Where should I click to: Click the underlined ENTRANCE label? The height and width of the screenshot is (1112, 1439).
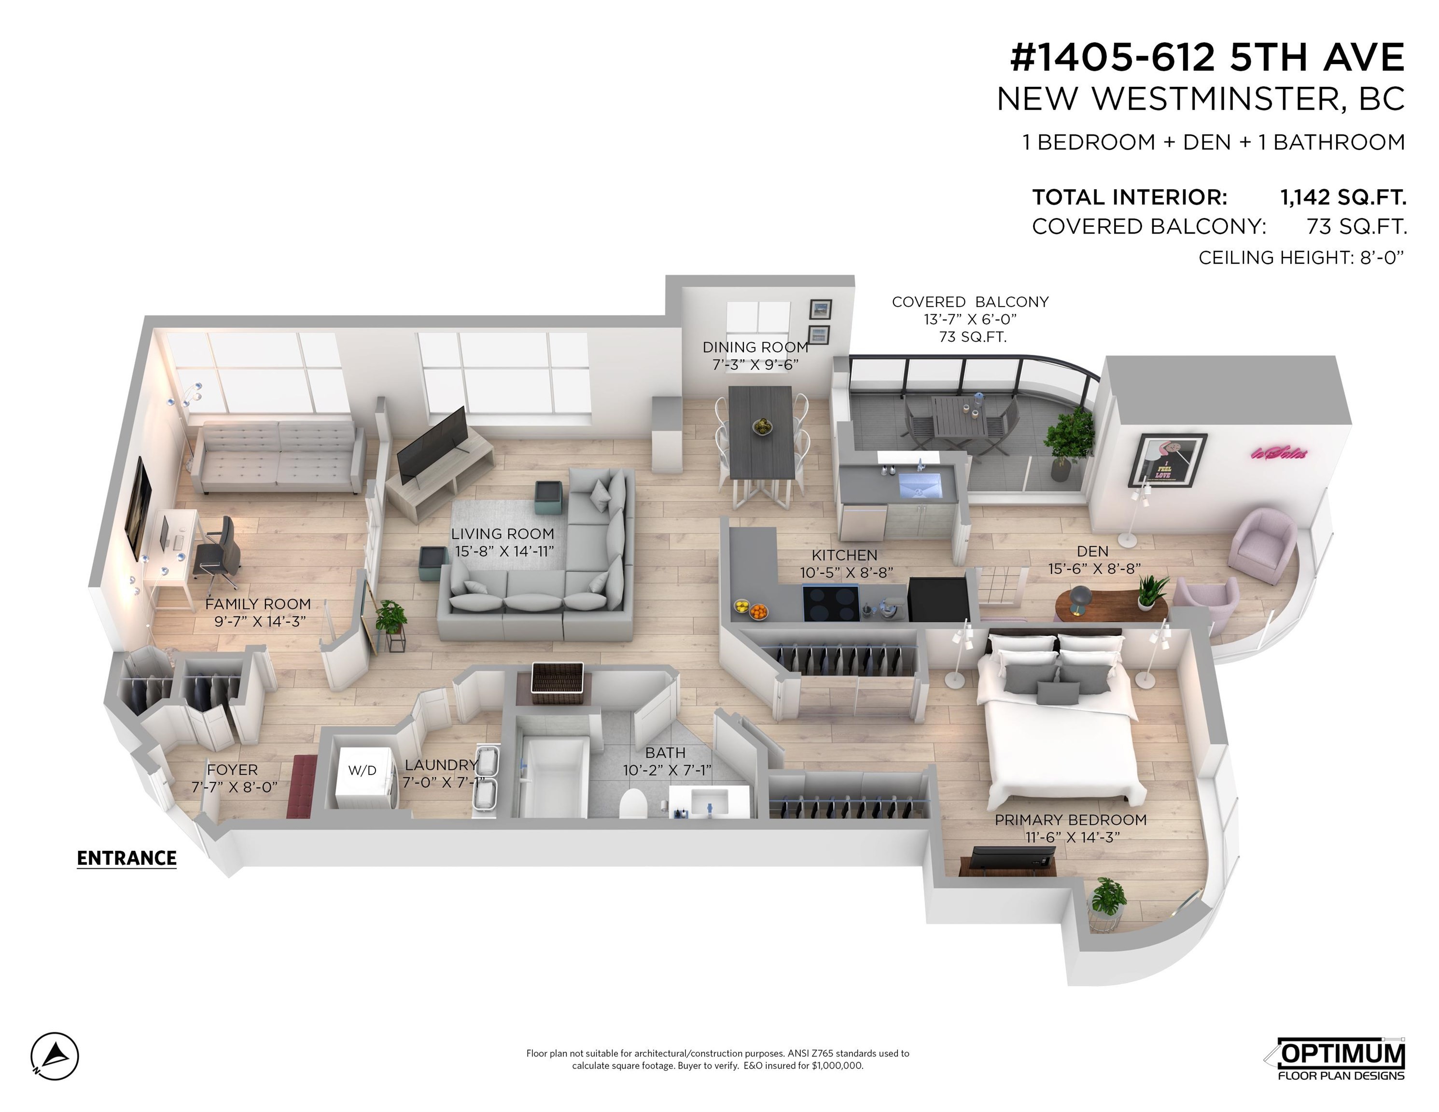tap(126, 859)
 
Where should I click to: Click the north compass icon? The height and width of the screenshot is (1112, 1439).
tap(55, 1056)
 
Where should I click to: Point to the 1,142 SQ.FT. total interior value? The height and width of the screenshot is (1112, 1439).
tap(1343, 197)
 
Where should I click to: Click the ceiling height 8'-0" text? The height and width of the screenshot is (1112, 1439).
tap(1301, 258)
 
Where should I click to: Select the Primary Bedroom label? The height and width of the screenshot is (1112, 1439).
tap(1071, 820)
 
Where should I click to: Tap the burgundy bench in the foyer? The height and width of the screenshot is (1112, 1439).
tap(302, 787)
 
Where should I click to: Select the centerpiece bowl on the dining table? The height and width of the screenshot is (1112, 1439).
tap(762, 426)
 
